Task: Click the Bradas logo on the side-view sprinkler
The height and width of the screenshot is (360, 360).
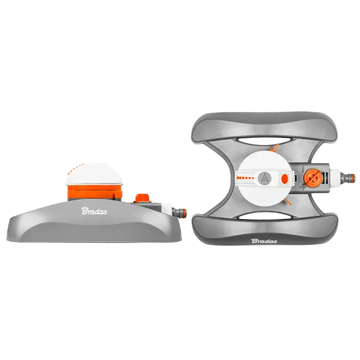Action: click(94, 211)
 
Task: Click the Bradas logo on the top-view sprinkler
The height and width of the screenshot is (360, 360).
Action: click(264, 241)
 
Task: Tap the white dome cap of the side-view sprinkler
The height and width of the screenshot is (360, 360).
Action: click(94, 174)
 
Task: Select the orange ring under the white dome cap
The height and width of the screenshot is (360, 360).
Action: click(95, 192)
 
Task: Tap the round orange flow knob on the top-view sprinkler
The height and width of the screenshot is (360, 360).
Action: click(312, 178)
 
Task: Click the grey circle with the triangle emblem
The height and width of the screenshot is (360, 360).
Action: click(265, 178)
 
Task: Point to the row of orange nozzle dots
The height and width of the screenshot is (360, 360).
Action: click(245, 178)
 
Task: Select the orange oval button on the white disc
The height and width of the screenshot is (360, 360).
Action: click(284, 178)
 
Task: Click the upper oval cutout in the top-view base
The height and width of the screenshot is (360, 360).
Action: click(265, 141)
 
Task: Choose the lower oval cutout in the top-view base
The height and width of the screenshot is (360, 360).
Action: click(265, 215)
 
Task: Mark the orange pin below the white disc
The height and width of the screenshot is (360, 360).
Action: click(287, 203)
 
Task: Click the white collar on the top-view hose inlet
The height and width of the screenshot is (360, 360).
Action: click(336, 178)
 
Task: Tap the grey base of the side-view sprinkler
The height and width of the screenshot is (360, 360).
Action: click(92, 227)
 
